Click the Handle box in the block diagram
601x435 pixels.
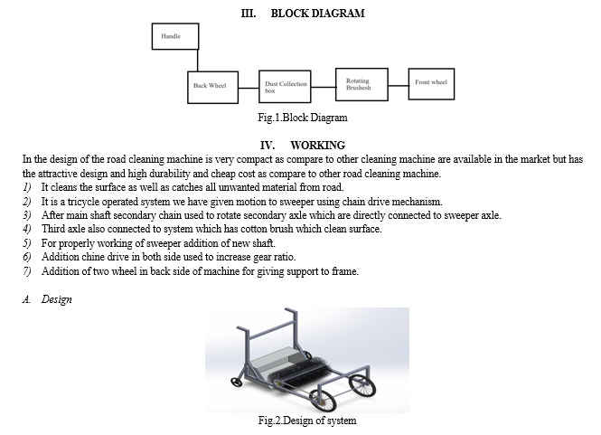175,36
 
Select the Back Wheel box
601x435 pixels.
212,87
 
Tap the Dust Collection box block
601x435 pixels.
285,87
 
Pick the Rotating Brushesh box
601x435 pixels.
362,85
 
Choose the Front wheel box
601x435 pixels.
432,84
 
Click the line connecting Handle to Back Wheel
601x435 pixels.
198,61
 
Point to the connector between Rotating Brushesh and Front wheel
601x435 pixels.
399,86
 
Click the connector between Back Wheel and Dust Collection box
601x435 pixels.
249,88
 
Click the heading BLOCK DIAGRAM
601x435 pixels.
318,14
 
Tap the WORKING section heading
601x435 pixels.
318,146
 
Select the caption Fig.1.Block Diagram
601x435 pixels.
303,118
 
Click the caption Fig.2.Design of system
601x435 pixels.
307,421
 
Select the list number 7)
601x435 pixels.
27,271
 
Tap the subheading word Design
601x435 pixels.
57,299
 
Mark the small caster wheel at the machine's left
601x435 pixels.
237,382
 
